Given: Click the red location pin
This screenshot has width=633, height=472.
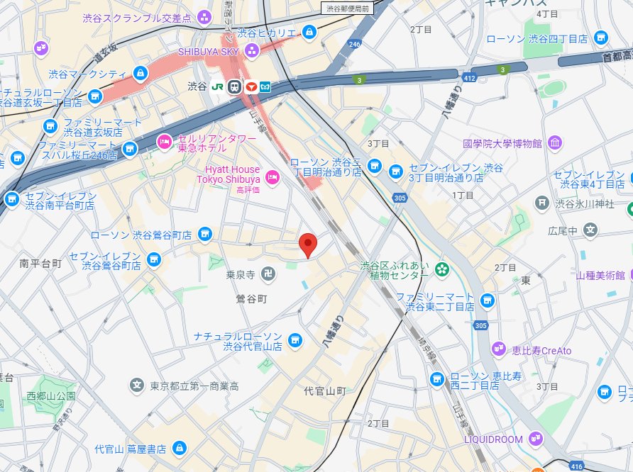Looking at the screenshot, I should coord(307,244).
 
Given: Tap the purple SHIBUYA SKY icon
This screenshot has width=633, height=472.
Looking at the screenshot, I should coord(251,50).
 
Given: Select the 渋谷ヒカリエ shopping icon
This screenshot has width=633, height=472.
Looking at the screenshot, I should coord(309,32).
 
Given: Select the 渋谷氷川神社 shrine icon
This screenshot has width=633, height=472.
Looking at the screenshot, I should coord(543,203).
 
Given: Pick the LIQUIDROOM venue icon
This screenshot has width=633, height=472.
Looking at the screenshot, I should coord(536,439).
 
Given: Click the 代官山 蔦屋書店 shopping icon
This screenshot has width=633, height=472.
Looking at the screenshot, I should coord(180,448).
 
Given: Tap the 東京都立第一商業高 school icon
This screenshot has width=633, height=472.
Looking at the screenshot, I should coord(136,386).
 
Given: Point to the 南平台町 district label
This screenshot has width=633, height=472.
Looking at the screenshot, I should coord(40,263).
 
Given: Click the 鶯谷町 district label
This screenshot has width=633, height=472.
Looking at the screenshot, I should coord(251,299).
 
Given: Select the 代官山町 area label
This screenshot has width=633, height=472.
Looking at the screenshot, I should coord(324,390).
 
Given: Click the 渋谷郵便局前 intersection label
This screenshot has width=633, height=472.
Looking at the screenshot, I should coord(348,9).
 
